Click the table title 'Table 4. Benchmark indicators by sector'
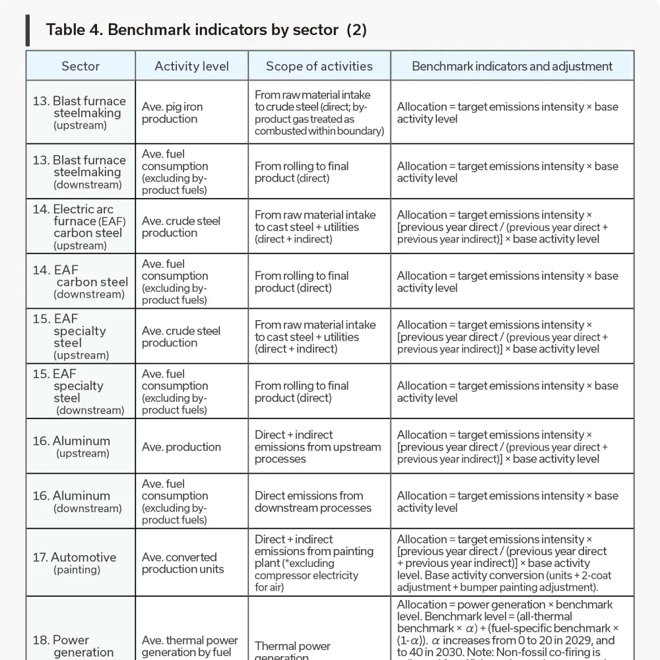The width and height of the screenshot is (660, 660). pos(206,30)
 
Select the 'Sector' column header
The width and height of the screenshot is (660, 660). pos(81,66)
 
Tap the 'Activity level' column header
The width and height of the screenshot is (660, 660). pos(191,66)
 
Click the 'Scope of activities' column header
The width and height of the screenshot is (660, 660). pos(319,66)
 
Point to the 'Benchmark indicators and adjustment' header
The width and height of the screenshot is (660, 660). pos(512,66)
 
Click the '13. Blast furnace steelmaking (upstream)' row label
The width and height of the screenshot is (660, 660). pos(80,112)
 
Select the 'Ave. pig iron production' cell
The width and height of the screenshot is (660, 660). pos(172,113)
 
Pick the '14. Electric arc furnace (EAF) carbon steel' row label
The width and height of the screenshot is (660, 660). pos(80,226)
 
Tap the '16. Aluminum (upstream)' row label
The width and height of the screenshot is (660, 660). pos(80,446)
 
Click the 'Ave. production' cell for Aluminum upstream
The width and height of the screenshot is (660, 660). pos(181,447)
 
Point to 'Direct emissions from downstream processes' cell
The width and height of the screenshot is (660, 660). pos(313,502)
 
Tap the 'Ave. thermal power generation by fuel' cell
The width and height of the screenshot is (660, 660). pos(190,646)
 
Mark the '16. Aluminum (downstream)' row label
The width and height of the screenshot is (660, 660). pos(80,502)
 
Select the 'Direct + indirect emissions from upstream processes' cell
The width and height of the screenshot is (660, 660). pos(317,447)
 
